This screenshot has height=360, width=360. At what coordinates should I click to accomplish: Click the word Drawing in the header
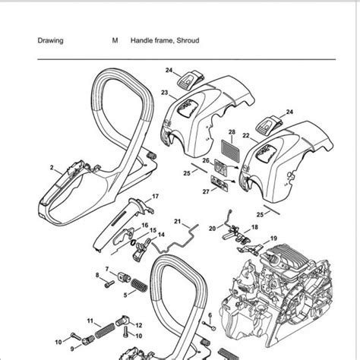(50, 42)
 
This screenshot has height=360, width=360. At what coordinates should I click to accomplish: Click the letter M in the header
(114, 42)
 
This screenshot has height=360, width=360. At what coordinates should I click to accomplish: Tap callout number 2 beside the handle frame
(51, 166)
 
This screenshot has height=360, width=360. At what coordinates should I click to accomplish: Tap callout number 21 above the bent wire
(176, 221)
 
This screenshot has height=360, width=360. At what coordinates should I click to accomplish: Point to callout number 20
(213, 228)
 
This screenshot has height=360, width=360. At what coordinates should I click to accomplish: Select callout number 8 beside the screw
(97, 274)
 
